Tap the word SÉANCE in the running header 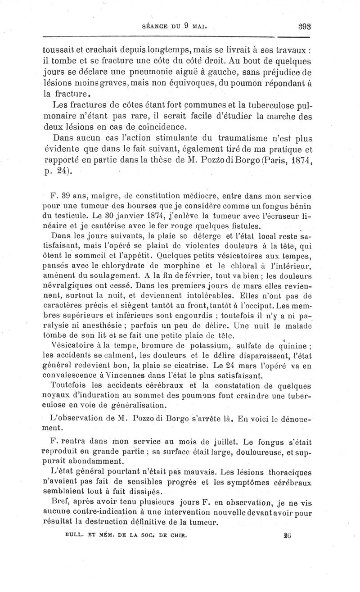(x=154, y=27)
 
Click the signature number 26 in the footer (x=288, y=536)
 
